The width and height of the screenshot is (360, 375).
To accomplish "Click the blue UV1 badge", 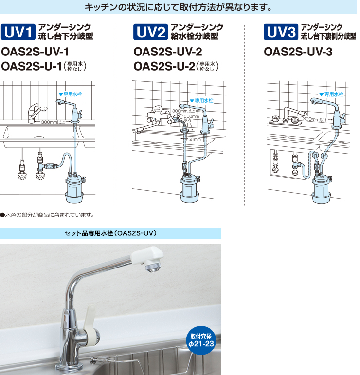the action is pyautogui.click(x=18, y=32).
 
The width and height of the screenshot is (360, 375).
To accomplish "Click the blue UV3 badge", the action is pyautogui.click(x=281, y=32).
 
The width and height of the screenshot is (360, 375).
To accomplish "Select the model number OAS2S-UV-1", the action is pyautogui.click(x=35, y=52).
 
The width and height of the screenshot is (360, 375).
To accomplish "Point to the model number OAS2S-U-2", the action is pyautogui.click(x=164, y=66).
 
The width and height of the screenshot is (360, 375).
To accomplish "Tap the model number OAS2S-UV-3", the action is pyautogui.click(x=298, y=52).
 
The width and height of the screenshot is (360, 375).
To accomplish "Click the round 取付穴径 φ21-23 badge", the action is pyautogui.click(x=201, y=340).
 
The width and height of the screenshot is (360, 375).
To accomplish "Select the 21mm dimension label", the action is pyautogui.click(x=195, y=139).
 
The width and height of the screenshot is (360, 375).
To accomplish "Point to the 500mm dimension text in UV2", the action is pyautogui.click(x=191, y=116).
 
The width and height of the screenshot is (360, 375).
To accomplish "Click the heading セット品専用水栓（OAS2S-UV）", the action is pyautogui.click(x=110, y=233).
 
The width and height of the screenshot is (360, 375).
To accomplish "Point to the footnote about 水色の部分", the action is pyautogui.click(x=47, y=215).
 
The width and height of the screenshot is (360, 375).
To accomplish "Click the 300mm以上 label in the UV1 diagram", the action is pyautogui.click(x=53, y=122).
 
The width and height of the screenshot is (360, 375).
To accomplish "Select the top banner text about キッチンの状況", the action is pyautogui.click(x=178, y=7).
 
